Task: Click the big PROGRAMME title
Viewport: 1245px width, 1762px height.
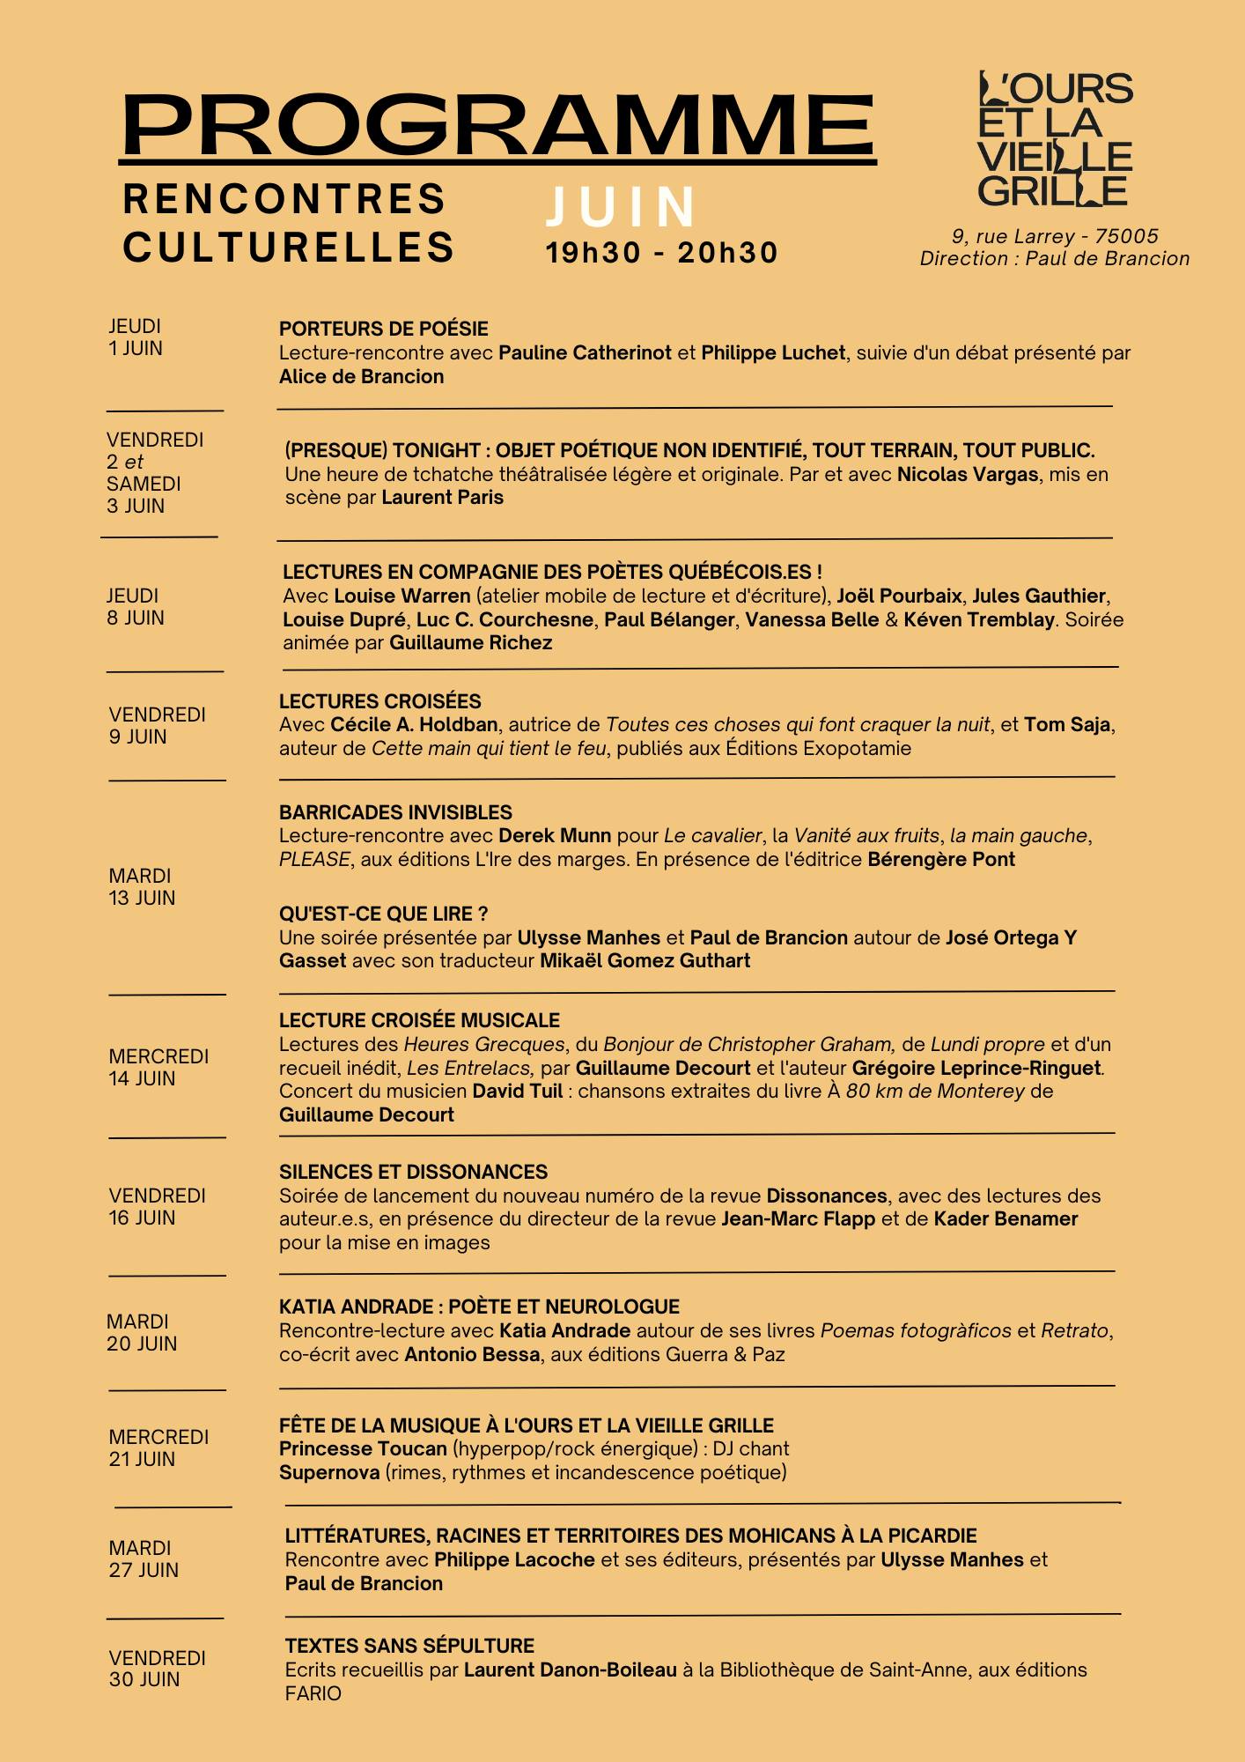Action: tap(497, 125)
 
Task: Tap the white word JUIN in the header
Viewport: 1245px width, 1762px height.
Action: tap(621, 208)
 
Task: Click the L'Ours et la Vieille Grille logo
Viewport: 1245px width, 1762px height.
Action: tap(1055, 140)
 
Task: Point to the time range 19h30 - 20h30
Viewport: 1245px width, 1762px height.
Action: tap(661, 254)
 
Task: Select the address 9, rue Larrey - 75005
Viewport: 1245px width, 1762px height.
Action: tap(1055, 236)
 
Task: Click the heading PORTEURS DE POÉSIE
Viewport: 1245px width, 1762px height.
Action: tap(383, 329)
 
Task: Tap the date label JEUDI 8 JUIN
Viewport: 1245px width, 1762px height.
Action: tap(136, 607)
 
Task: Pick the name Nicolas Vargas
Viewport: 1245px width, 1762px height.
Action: tap(967, 475)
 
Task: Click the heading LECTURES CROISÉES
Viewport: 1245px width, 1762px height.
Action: tap(379, 702)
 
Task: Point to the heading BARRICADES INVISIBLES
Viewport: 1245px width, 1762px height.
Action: tap(395, 812)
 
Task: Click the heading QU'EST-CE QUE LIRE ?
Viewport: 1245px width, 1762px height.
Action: tap(383, 914)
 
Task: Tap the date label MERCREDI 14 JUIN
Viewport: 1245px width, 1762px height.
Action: tap(158, 1068)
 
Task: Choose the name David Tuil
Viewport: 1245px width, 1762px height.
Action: tap(517, 1092)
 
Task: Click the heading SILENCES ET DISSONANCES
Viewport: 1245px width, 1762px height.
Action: tap(413, 1173)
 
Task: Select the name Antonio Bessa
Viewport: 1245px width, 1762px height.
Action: tap(471, 1355)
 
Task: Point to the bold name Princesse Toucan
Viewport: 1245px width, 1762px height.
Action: tap(363, 1449)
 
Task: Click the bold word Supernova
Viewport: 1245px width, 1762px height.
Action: tap(328, 1473)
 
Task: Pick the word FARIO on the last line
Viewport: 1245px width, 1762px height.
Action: tap(313, 1693)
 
